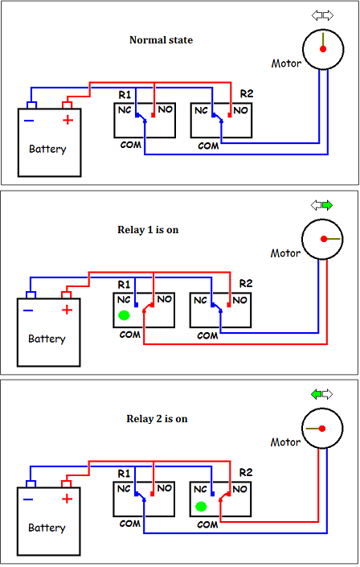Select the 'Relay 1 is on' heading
click(148, 229)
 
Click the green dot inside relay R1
click(124, 315)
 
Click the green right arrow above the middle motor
click(326, 205)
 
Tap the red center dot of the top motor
click(323, 49)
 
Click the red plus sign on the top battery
click(67, 121)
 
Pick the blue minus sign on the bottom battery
click(29, 500)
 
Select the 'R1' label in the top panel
click(125, 96)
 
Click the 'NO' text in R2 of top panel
click(240, 109)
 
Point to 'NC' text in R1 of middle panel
click(124, 299)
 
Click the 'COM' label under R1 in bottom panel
click(130, 524)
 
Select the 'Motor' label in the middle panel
click(285, 253)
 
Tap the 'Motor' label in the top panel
click(287, 64)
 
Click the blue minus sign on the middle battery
click(29, 310)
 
